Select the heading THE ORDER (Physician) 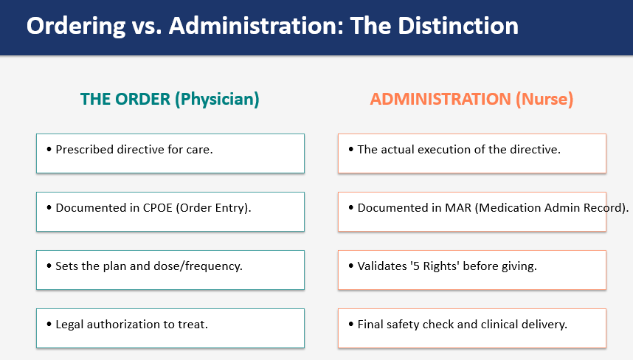(170, 99)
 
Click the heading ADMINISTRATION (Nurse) (471, 99)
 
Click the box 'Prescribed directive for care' (170, 153)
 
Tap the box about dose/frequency (170, 269)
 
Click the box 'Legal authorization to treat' (170, 328)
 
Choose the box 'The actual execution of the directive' (471, 153)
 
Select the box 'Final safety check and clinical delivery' (471, 328)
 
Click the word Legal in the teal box (70, 324)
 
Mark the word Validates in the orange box (382, 266)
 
